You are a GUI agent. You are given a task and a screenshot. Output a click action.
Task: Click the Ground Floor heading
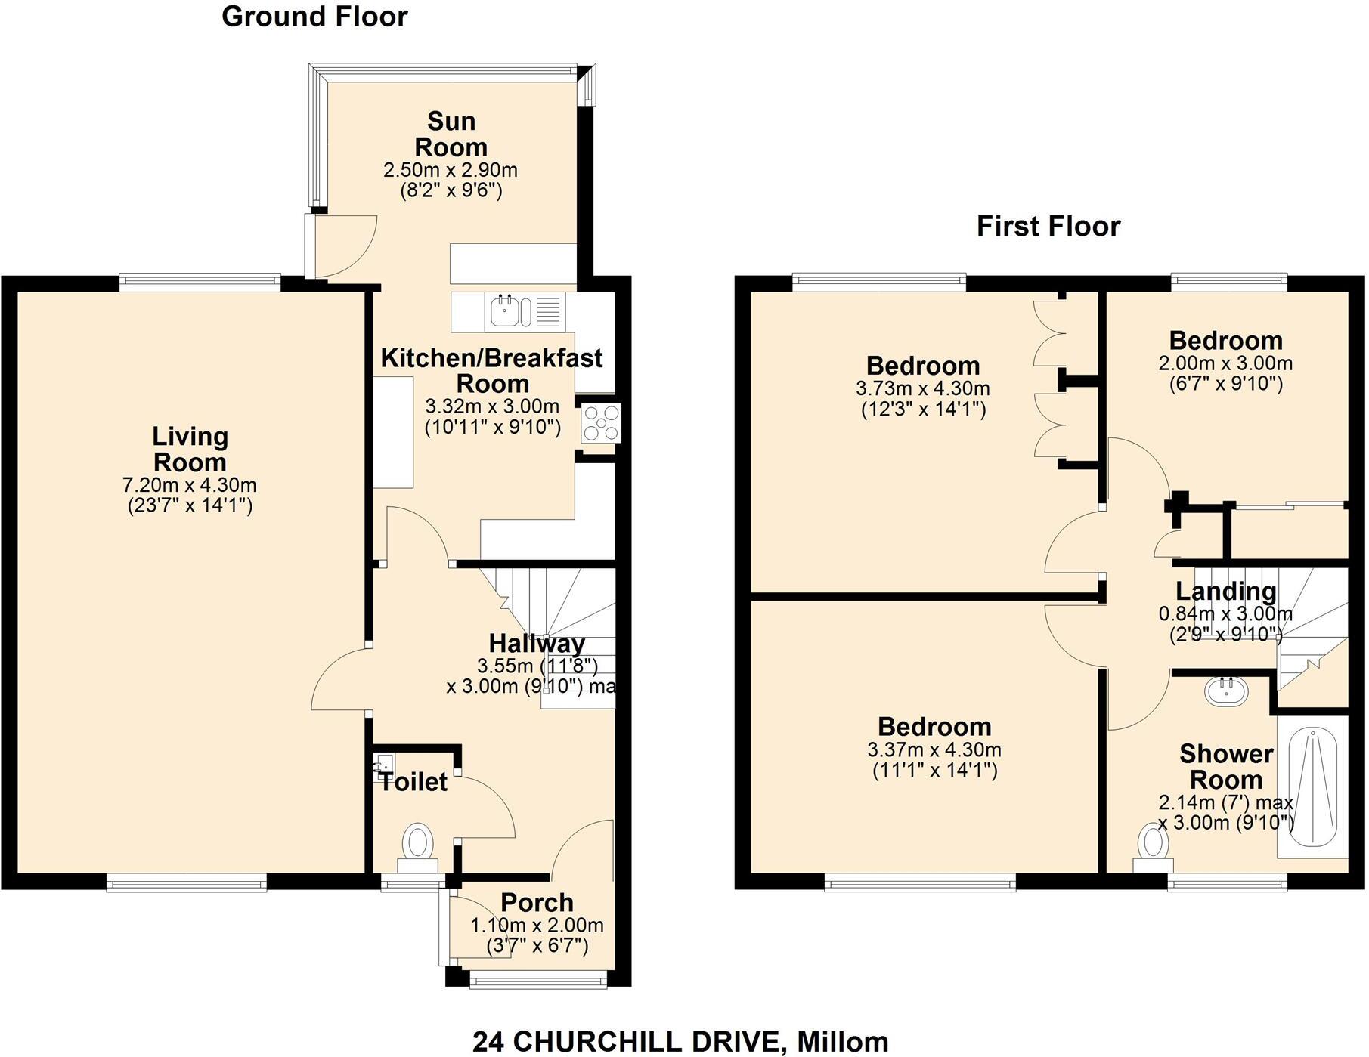pos(314,17)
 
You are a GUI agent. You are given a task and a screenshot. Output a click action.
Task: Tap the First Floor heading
pos(1048,226)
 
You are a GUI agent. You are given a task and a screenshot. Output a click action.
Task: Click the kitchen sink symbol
pos(503,311)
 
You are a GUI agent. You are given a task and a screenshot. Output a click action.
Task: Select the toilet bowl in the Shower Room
pos(1153,842)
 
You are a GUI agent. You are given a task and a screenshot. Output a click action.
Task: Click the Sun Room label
pos(451,134)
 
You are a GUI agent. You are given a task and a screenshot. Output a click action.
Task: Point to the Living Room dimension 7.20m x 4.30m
pos(189,484)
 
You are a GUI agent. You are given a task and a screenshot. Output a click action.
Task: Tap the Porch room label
pos(537,902)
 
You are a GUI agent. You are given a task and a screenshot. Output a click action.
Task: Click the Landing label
pos(1225,591)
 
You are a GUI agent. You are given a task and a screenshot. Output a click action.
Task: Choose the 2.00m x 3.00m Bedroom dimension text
pos(1225,363)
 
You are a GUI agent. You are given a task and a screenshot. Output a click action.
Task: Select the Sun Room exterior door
pos(344,246)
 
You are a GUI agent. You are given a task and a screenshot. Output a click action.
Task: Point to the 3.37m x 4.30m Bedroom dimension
pos(934,750)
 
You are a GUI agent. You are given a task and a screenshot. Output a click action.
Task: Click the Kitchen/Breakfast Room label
pos(491,370)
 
